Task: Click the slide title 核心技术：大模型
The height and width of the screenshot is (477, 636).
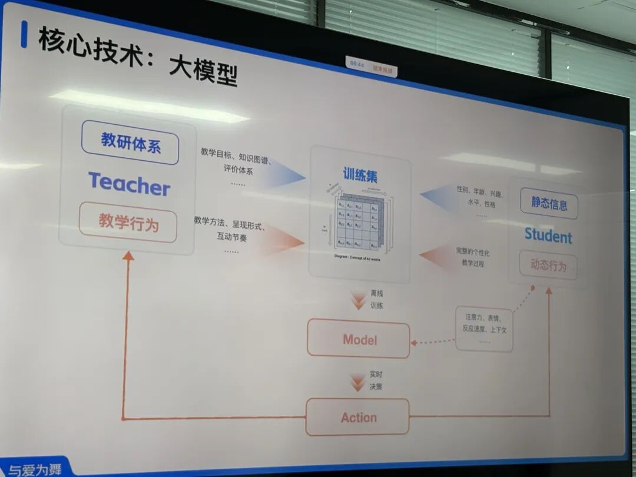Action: tap(138, 57)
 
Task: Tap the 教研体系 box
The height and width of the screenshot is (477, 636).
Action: tap(130, 143)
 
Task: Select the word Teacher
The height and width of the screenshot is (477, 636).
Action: tap(129, 184)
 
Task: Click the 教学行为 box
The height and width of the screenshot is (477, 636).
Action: tap(128, 222)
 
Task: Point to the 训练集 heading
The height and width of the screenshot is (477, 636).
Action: tap(360, 175)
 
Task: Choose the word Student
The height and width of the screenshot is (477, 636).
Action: tap(548, 237)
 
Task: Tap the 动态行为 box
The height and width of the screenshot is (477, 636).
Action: tap(548, 266)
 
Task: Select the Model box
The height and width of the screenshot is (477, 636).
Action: tap(359, 339)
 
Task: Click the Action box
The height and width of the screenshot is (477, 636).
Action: tap(357, 417)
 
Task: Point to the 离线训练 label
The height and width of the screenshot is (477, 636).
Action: tap(376, 299)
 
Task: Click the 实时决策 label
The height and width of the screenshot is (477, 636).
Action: tap(376, 380)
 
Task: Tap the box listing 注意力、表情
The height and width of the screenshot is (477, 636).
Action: tap(484, 329)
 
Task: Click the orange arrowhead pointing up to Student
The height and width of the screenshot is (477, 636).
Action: tap(549, 290)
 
